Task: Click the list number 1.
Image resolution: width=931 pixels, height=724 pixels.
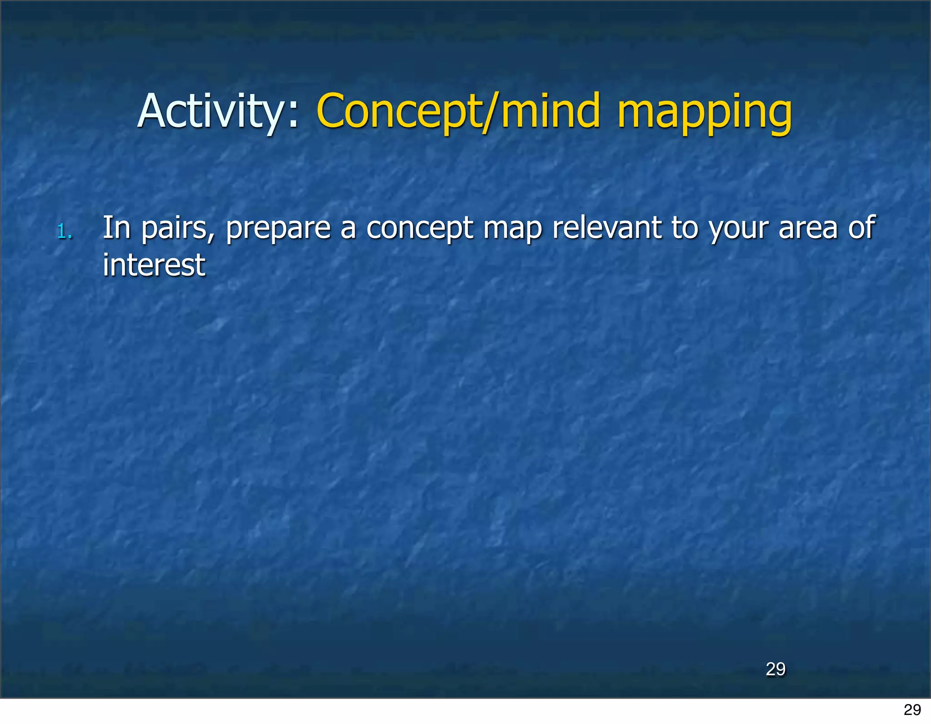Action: tap(64, 232)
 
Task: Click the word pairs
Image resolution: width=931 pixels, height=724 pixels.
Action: tap(174, 229)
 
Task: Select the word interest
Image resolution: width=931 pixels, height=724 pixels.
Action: tap(154, 265)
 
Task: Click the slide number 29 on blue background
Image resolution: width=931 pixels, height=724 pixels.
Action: tap(776, 669)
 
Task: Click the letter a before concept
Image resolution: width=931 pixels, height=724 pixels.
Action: tap(348, 230)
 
